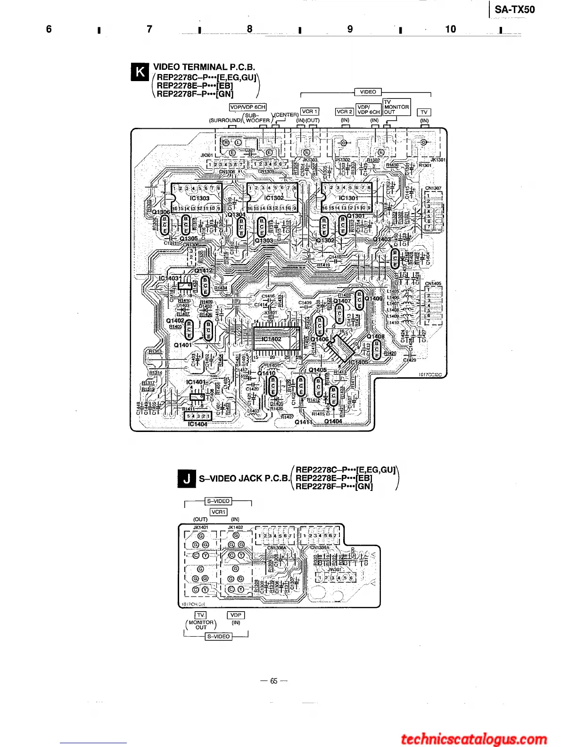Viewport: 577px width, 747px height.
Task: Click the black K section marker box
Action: pyautogui.click(x=140, y=72)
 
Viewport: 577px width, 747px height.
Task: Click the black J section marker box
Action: pyautogui.click(x=187, y=479)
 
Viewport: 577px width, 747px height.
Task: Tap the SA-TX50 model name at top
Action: pyautogui.click(x=515, y=9)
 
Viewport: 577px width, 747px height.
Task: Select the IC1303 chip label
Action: pyautogui.click(x=199, y=199)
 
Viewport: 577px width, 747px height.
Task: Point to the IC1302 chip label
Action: pyautogui.click(x=274, y=199)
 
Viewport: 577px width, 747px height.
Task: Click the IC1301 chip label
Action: pyautogui.click(x=348, y=199)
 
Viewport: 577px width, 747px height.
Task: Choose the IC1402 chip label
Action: pyautogui.click(x=272, y=339)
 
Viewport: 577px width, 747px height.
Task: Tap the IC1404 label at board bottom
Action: pyautogui.click(x=198, y=424)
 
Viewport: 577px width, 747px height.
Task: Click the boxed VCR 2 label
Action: pyautogui.click(x=345, y=112)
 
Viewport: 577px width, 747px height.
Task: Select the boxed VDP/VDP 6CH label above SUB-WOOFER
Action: pyautogui.click(x=247, y=107)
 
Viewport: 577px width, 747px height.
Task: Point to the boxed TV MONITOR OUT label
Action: pyautogui.click(x=396, y=107)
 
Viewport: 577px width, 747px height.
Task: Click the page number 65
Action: pyautogui.click(x=274, y=681)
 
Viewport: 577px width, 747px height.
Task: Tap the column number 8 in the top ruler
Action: pyautogui.click(x=250, y=29)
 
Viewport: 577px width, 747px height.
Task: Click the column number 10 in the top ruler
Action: pyautogui.click(x=451, y=29)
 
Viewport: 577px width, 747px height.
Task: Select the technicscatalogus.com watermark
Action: pyautogui.click(x=474, y=739)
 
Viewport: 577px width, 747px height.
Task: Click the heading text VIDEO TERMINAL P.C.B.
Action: pyautogui.click(x=204, y=67)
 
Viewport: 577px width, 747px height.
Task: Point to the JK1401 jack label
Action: pyautogui.click(x=200, y=527)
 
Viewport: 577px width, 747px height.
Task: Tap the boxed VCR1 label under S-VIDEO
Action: pyautogui.click(x=218, y=512)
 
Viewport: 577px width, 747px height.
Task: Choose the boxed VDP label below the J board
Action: pyautogui.click(x=236, y=615)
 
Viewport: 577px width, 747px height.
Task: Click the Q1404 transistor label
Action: pyautogui.click(x=333, y=421)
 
